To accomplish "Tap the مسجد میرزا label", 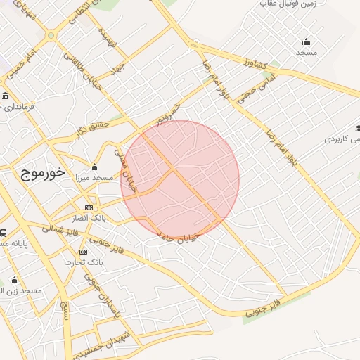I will pos(94,179).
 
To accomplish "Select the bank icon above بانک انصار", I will pos(89,207).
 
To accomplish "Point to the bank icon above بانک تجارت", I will pos(83,251).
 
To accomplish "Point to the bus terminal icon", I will pos(4,233).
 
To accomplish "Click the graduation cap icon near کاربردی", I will pos(357,129).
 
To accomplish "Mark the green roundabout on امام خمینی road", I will pos(51,35).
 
